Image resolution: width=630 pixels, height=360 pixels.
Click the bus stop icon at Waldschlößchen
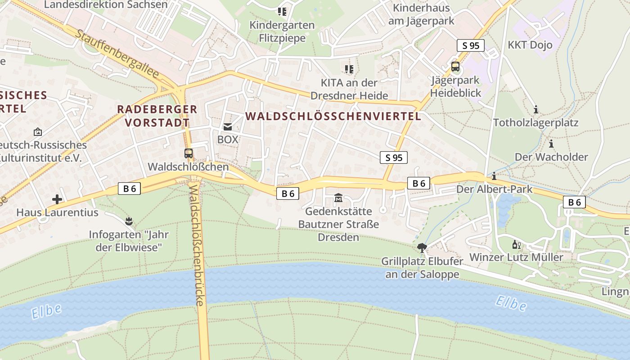click(x=189, y=153)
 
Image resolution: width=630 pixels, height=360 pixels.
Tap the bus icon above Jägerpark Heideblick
click(x=455, y=67)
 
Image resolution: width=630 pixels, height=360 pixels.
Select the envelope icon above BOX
click(x=228, y=127)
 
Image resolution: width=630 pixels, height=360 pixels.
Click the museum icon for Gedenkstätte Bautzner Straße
click(x=338, y=198)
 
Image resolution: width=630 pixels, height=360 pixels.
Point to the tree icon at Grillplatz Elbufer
click(x=422, y=247)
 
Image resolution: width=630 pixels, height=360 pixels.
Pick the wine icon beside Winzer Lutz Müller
click(x=516, y=245)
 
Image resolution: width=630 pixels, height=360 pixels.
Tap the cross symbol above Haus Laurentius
click(x=57, y=199)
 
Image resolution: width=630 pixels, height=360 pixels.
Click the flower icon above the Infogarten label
click(x=129, y=221)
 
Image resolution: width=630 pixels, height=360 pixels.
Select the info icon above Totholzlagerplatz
click(x=535, y=109)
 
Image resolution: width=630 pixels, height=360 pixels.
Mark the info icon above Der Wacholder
click(x=551, y=144)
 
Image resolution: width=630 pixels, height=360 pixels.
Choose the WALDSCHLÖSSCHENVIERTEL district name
click(x=333, y=116)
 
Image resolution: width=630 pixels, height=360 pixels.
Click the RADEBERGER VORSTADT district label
click(x=157, y=116)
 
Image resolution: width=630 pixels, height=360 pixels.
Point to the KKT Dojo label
click(x=530, y=45)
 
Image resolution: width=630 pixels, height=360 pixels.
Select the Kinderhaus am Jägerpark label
click(x=423, y=14)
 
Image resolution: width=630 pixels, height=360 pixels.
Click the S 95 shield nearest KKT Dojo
click(x=471, y=45)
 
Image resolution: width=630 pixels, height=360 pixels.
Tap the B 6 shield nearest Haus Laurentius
click(x=130, y=189)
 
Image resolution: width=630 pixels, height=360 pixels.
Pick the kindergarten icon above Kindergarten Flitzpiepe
click(x=282, y=11)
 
